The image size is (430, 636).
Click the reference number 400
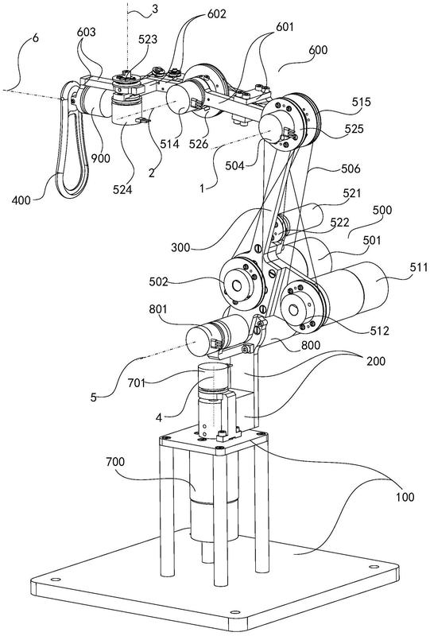point(21,200)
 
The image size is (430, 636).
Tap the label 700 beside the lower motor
point(115,462)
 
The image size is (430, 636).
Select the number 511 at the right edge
point(419,267)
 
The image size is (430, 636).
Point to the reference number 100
point(405,497)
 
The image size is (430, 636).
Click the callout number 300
point(180,247)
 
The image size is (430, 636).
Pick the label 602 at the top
point(217,14)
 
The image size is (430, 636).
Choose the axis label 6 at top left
point(36,38)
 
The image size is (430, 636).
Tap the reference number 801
point(158,309)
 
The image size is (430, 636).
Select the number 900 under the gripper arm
point(101,158)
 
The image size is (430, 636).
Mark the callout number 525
point(354,129)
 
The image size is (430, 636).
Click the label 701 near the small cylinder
point(136,382)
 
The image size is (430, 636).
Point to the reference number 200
point(376,361)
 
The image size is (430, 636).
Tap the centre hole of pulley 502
point(237,286)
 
